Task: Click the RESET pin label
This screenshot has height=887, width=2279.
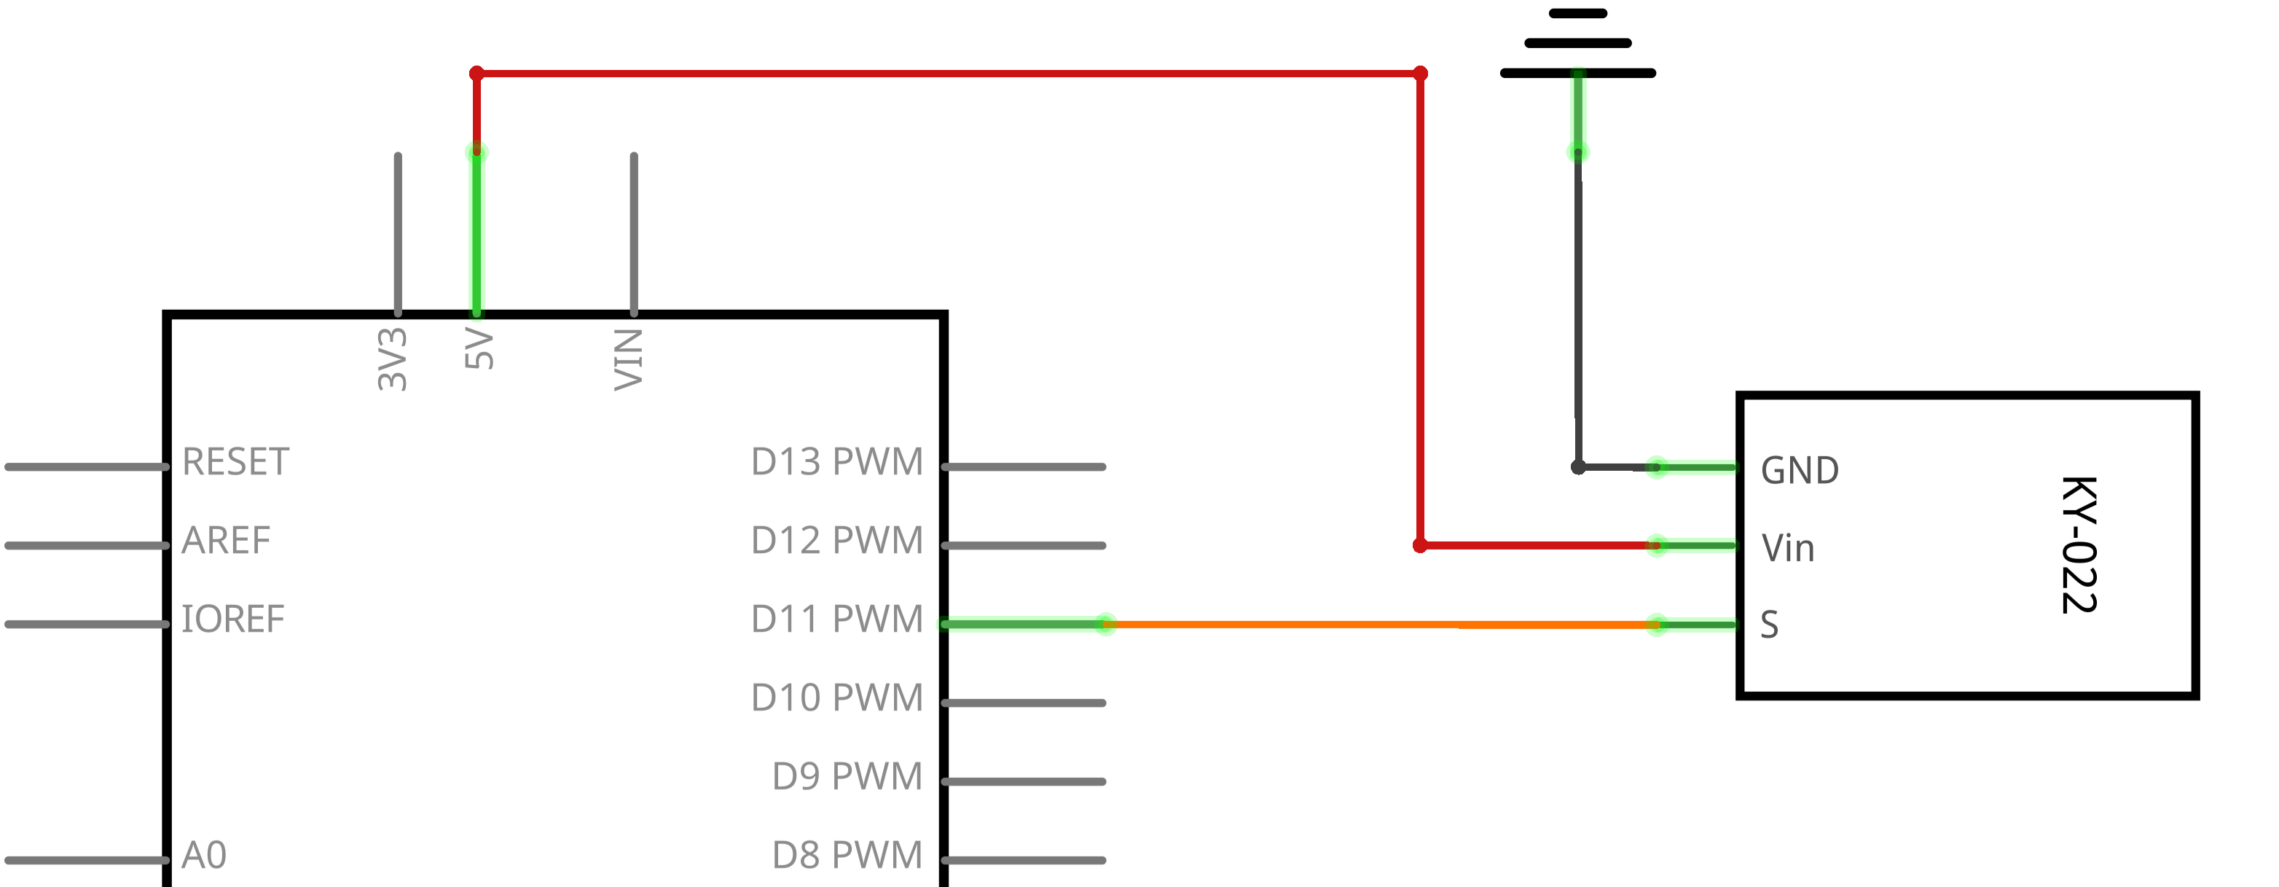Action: [235, 462]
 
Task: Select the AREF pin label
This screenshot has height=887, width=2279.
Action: [226, 541]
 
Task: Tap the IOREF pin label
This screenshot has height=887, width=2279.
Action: [232, 620]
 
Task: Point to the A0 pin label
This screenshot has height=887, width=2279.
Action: [204, 856]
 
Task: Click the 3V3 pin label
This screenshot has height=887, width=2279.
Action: [392, 359]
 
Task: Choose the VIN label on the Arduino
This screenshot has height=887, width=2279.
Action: [628, 359]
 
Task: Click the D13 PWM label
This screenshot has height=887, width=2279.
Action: [837, 462]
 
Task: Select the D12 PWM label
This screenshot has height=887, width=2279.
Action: [837, 541]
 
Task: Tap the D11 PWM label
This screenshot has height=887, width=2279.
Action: [837, 620]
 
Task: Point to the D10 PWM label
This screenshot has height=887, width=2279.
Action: [837, 698]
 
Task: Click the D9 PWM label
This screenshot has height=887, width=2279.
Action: [847, 777]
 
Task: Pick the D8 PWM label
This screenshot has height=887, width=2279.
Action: [847, 856]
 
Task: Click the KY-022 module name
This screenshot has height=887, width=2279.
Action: [2079, 545]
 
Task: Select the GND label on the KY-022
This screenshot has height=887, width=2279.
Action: [1800, 471]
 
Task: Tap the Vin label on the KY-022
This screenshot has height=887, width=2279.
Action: [1788, 549]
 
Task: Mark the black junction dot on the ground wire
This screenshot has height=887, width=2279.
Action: [1578, 467]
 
